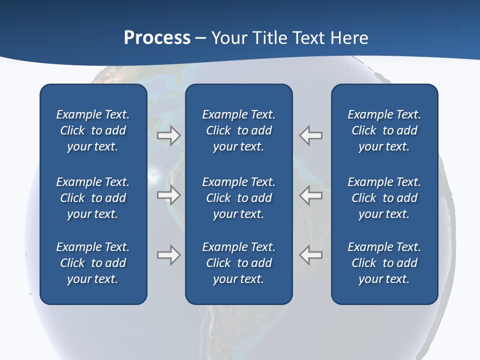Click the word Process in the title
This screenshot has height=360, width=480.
tap(157, 38)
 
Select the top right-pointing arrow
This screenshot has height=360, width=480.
tap(169, 135)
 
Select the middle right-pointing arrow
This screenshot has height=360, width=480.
tap(169, 195)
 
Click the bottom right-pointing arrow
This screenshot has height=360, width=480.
tap(169, 255)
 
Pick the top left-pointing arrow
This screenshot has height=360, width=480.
tap(311, 135)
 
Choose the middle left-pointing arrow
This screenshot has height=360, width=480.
tap(311, 195)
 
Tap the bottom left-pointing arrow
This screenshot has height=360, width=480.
tap(311, 255)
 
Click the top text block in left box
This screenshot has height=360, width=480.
tap(93, 130)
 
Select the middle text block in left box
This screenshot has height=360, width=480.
tap(93, 198)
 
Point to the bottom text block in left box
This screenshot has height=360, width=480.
tap(93, 263)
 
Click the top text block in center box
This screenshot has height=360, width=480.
tap(238, 130)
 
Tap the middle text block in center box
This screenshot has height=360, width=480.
tap(238, 198)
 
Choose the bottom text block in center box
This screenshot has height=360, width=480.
tap(238, 263)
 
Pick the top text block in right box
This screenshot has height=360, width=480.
tap(384, 130)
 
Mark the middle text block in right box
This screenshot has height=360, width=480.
tap(384, 198)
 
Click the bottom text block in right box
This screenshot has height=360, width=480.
tap(384, 263)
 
